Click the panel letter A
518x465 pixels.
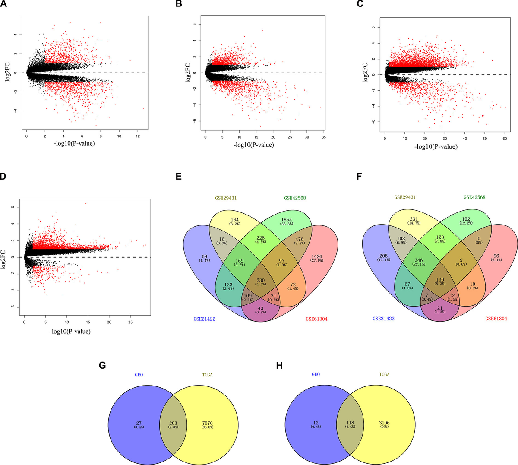4,5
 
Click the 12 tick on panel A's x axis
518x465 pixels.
138,136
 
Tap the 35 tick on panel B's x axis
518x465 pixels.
324,137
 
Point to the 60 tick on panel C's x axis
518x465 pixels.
505,139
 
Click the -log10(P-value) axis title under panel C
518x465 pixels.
436,147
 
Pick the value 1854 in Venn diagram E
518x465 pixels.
286,220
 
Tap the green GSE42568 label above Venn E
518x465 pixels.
295,198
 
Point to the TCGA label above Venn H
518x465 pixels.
381,375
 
